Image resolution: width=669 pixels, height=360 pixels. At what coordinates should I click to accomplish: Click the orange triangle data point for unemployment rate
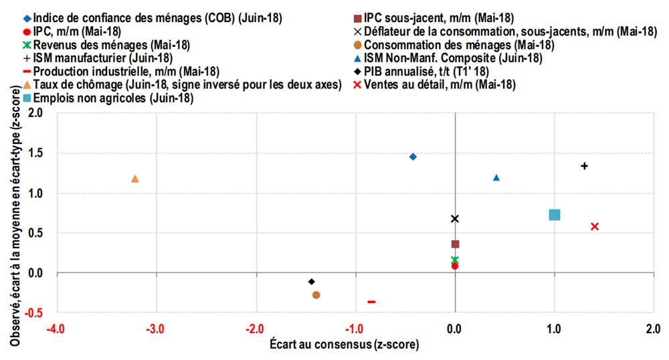coord(135,179)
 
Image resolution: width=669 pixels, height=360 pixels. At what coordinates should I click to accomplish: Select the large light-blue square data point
coord(554,215)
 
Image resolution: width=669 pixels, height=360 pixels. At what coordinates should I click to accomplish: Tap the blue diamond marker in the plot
coord(413,157)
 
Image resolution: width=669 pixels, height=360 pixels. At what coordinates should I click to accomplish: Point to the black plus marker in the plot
coord(584,166)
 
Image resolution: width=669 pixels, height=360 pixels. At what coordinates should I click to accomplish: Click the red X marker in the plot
coord(595,226)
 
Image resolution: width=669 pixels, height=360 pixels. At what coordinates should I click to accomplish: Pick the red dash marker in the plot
coord(371,302)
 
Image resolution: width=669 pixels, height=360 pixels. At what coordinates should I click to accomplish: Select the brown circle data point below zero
coord(316,295)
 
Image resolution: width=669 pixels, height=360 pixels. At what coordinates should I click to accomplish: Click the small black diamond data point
coord(311,282)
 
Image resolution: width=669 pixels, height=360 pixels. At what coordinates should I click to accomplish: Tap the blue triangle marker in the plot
coord(496,177)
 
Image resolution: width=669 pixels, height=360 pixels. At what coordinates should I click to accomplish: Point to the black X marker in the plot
coord(455,219)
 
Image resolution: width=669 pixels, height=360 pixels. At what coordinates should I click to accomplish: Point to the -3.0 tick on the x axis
coord(155,329)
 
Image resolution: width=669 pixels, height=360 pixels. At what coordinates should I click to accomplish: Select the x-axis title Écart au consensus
coord(345,345)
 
